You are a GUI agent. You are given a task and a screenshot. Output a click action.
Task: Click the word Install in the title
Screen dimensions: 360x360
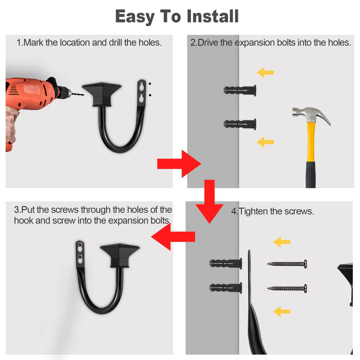(213, 16)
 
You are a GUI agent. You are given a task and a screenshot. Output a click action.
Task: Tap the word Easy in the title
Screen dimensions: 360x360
(134, 17)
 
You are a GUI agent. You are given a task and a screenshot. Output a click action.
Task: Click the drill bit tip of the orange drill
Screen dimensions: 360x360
(83, 94)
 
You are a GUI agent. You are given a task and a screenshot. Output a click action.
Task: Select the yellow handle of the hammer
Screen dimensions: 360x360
(310, 142)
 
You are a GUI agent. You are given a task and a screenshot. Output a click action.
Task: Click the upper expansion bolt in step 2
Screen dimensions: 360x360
(239, 90)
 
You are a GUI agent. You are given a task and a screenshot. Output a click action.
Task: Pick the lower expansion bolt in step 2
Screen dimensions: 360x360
(239, 124)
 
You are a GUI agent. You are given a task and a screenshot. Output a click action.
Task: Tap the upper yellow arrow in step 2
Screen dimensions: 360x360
(265, 72)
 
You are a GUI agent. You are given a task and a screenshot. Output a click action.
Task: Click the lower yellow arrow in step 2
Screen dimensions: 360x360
(265, 142)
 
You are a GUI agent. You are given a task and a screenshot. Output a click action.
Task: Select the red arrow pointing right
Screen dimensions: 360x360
(179, 163)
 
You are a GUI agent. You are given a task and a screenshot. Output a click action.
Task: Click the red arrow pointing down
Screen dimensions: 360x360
(209, 201)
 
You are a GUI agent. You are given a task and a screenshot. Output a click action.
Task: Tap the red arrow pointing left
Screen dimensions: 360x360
(173, 236)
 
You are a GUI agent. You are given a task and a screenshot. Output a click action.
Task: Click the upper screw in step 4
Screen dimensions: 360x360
(287, 264)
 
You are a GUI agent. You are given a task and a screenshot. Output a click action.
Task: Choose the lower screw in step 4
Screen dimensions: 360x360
(287, 288)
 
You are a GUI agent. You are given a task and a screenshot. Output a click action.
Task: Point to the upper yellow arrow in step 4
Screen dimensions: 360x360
(281, 242)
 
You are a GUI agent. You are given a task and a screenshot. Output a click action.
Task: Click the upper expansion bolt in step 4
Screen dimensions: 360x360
(225, 263)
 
